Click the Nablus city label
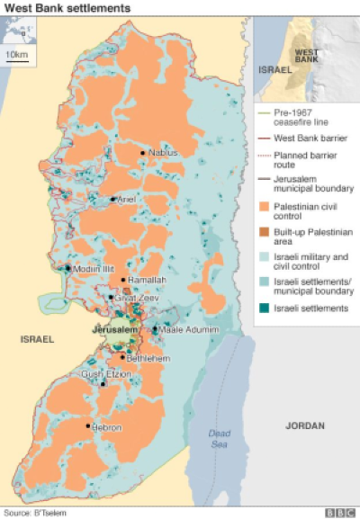pyautogui.click(x=163, y=153)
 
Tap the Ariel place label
pyautogui.click(x=127, y=199)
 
